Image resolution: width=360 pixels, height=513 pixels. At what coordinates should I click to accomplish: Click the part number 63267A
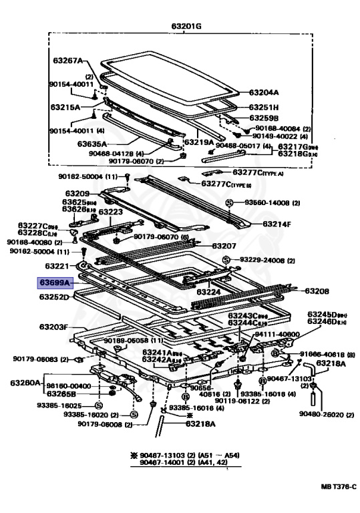(x=68, y=61)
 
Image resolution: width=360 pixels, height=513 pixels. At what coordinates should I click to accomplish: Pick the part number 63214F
(x=277, y=224)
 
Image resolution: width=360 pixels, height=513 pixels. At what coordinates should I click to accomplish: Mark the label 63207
(x=224, y=246)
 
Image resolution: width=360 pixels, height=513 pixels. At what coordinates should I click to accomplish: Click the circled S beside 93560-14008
(x=228, y=202)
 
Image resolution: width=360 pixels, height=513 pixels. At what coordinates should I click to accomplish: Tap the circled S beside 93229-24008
(x=226, y=259)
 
